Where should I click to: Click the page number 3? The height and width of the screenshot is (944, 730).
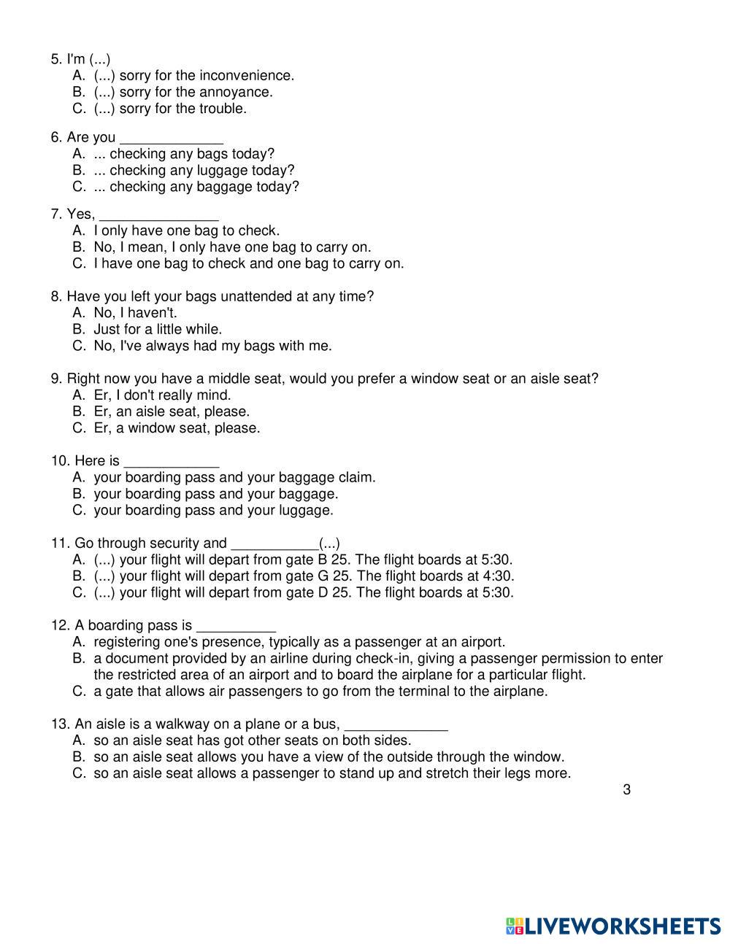coord(626,789)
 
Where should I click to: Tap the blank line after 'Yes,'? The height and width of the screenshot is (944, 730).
coord(158,215)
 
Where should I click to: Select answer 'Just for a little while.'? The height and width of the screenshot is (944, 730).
coord(158,329)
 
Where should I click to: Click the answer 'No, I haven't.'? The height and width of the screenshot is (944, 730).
coord(135,313)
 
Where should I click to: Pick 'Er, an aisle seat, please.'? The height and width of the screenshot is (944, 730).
coord(172,411)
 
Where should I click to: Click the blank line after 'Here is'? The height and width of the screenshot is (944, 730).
coord(172,463)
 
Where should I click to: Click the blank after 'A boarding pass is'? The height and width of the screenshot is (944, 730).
coord(236,627)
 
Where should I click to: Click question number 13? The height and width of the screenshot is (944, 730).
coord(60,724)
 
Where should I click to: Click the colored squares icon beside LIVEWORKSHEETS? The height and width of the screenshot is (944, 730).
coord(515,926)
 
